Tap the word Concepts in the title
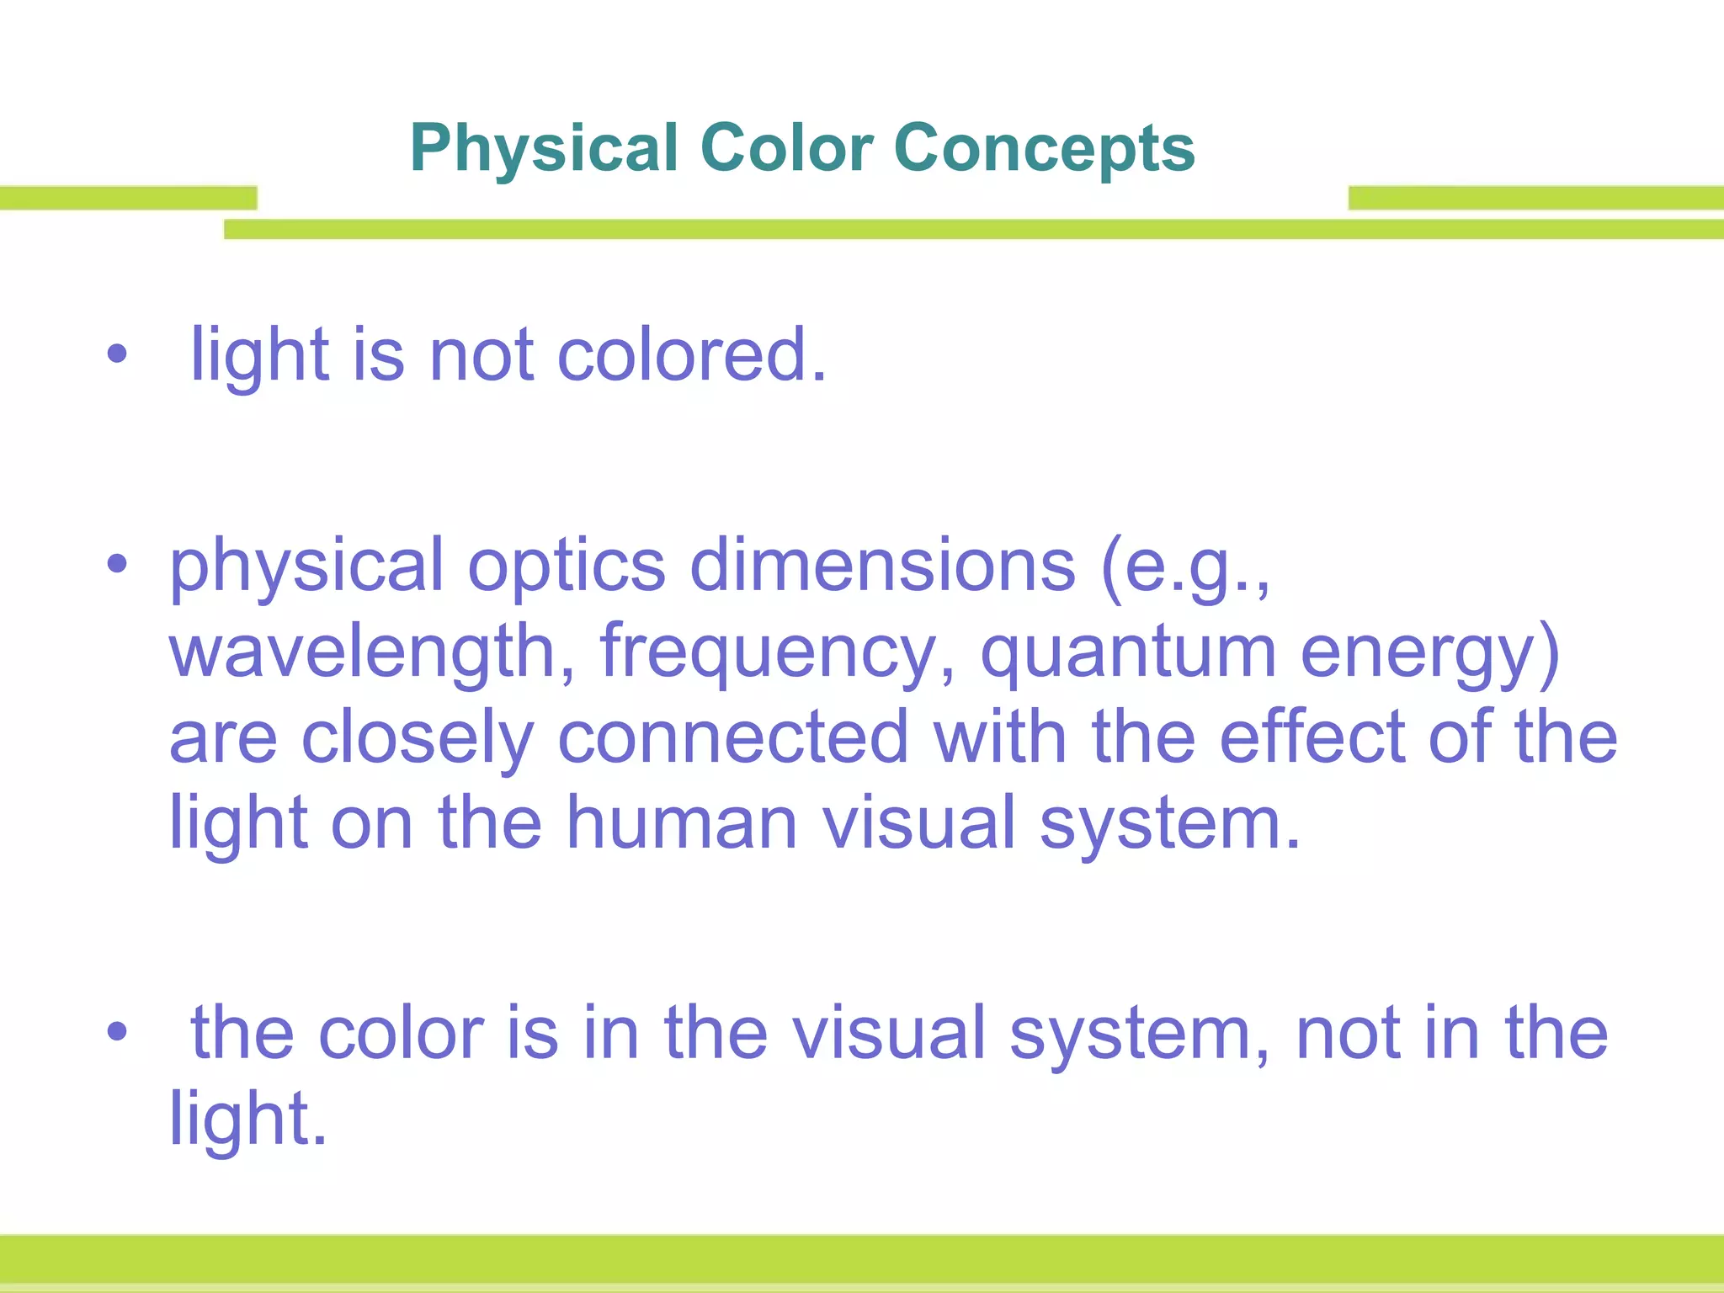[1044, 148]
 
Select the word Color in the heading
[786, 148]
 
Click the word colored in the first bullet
[692, 355]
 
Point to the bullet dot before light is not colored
[117, 354]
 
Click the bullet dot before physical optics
[117, 564]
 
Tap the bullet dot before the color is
[117, 1031]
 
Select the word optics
[566, 566]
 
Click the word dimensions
[882, 566]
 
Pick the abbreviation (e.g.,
[1185, 566]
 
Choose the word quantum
[1128, 652]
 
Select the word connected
[732, 737]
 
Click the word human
[680, 823]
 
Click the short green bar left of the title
[128, 198]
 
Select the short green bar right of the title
[1535, 198]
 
